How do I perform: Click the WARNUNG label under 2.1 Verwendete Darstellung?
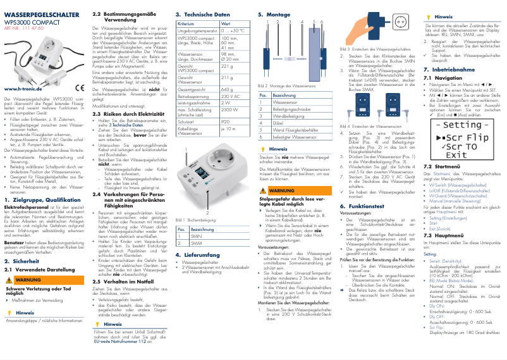point(27,279)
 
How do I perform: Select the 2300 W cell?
point(229,109)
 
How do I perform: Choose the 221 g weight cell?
point(228,66)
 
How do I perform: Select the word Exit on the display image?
point(456,155)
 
